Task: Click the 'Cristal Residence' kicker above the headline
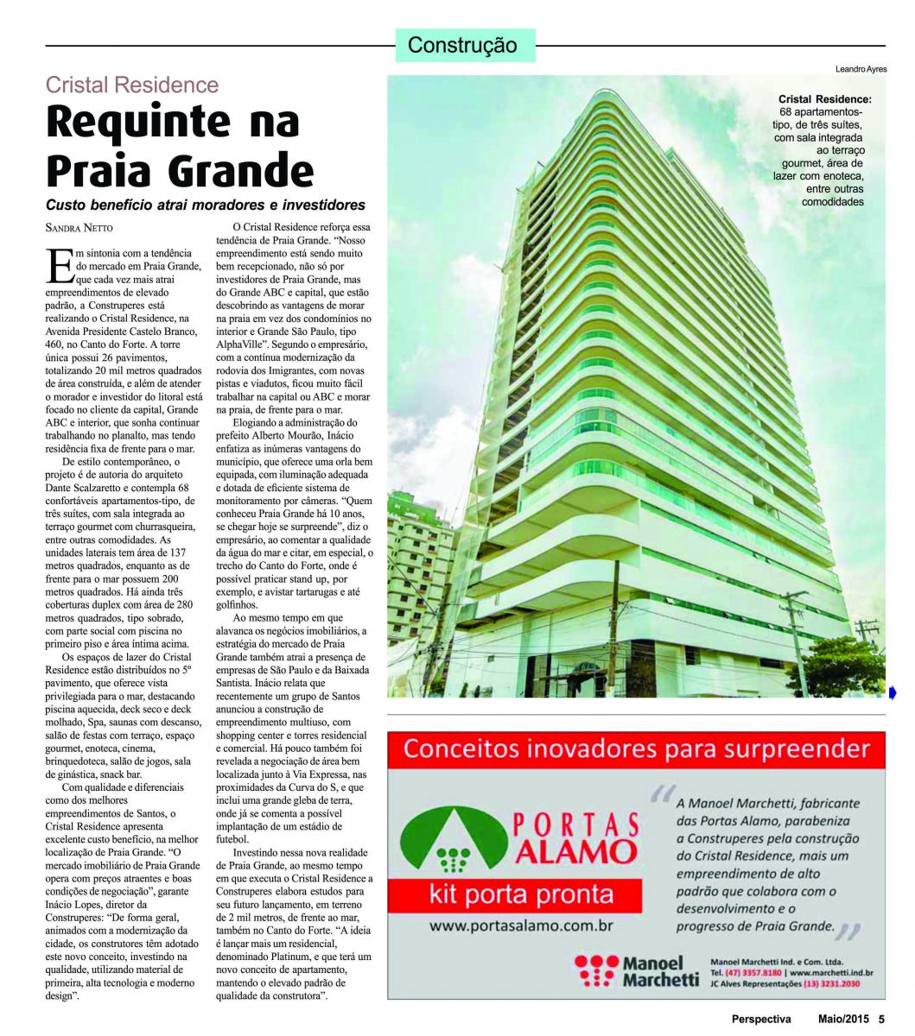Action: [x=131, y=85]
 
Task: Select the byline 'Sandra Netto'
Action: [x=79, y=228]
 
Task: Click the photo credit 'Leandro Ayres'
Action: [x=861, y=69]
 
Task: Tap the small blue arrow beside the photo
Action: [x=893, y=692]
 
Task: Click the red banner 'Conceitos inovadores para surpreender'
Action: [x=636, y=749]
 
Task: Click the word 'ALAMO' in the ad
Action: [x=580, y=852]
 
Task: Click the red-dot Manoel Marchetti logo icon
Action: [x=594, y=970]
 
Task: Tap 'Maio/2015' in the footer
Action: [x=845, y=1019]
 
